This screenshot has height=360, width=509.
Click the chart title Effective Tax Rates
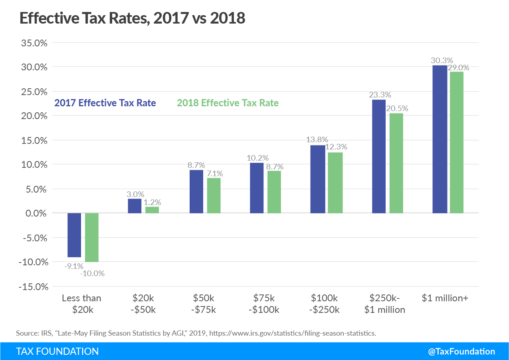(132, 18)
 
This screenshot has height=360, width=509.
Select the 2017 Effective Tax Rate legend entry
(105, 103)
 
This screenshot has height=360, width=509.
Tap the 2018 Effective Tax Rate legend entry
(228, 103)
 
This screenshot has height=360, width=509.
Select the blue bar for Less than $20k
(74, 235)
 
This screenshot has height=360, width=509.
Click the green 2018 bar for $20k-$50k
(152, 210)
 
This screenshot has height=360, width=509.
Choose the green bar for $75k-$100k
(274, 192)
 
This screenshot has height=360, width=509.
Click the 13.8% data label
(317, 139)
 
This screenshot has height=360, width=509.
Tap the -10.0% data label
(92, 274)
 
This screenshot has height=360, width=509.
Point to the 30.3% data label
(442, 60)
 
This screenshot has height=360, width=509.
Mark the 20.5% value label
(398, 108)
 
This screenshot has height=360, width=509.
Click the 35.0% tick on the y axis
(34, 43)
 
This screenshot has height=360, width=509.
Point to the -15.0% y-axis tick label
(32, 286)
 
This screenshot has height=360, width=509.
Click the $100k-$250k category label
(325, 304)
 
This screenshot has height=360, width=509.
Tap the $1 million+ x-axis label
(445, 298)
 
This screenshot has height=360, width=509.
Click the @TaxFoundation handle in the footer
(461, 351)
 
